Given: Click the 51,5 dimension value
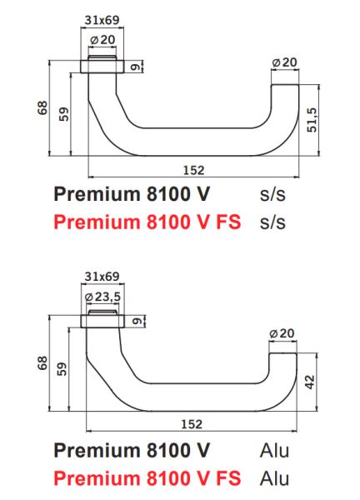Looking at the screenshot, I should [x=312, y=124].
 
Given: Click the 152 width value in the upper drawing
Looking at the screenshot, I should [x=192, y=169].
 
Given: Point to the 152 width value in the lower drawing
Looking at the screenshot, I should [x=192, y=423].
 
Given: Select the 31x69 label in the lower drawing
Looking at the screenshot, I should [x=102, y=276].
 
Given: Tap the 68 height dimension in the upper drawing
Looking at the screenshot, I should [x=42, y=108].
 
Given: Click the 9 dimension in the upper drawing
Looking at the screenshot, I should [x=134, y=67].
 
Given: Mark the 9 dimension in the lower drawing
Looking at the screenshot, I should [x=134, y=320].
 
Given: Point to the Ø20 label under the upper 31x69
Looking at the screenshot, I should [x=102, y=39].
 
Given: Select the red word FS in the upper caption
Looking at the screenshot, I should [x=223, y=222].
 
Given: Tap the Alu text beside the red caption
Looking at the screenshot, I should [x=274, y=478].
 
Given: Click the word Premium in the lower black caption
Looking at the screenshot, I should [x=92, y=451].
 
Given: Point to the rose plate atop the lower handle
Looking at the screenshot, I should [x=102, y=321].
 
